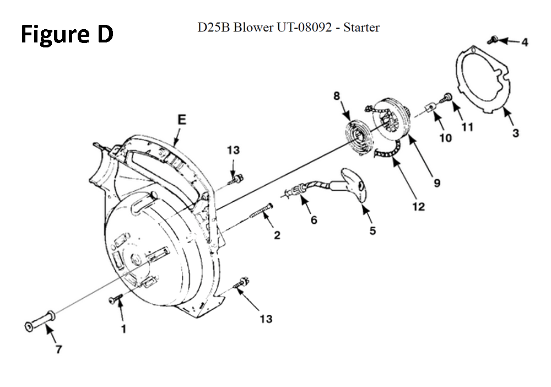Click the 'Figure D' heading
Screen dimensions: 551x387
(x=67, y=34)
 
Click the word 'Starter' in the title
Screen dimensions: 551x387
(x=361, y=27)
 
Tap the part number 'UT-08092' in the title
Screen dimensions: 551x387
(x=304, y=27)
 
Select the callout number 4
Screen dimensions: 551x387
(x=525, y=42)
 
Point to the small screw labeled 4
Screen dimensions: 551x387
(x=493, y=40)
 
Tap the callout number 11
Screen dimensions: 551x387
(x=467, y=127)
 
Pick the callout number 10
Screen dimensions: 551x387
(x=445, y=138)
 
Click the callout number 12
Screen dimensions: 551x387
(x=418, y=206)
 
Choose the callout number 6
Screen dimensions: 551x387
(x=314, y=220)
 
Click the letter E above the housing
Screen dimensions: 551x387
(x=181, y=120)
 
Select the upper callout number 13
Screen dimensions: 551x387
(x=233, y=150)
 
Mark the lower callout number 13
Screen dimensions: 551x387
(x=266, y=319)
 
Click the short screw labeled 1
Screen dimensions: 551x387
(x=116, y=298)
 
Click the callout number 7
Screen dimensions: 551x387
(x=58, y=349)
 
